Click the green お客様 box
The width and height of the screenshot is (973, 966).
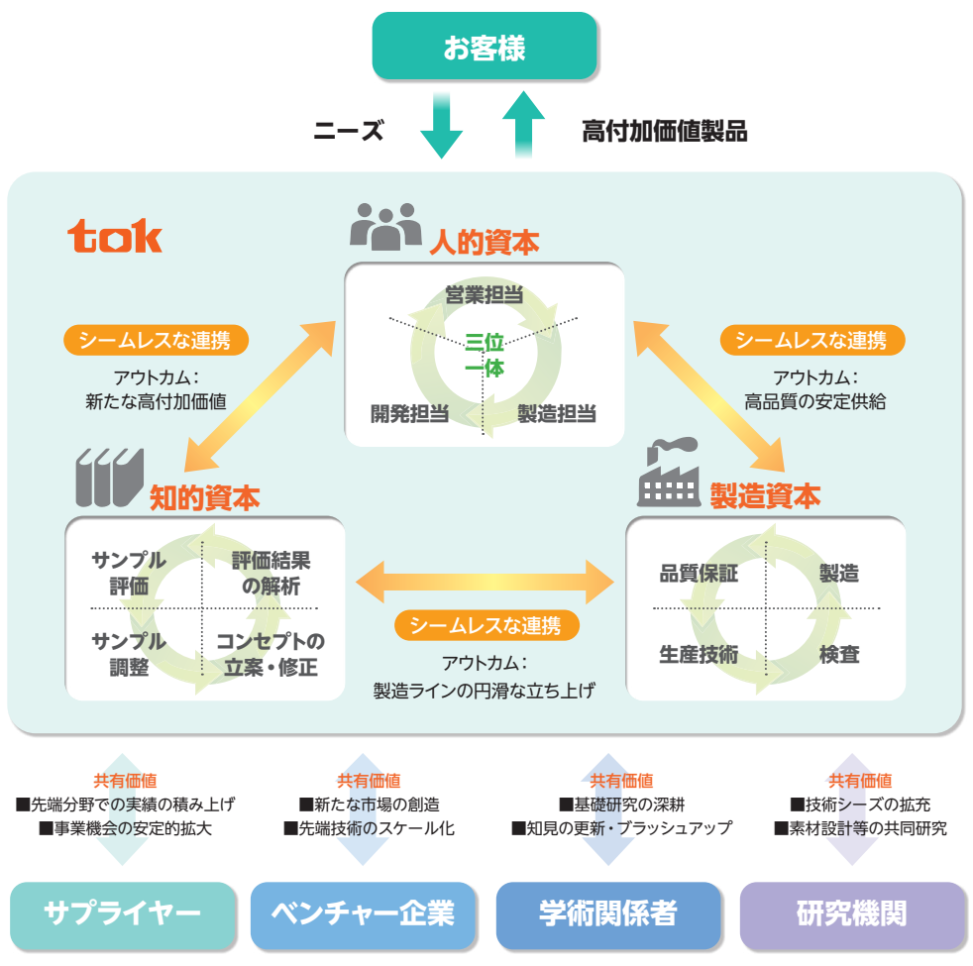tap(485, 47)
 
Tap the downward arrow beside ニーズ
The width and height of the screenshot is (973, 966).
tap(441, 126)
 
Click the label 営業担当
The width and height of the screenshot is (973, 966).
tap(485, 295)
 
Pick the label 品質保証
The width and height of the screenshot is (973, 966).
tap(699, 573)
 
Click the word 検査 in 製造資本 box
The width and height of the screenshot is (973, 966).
tap(838, 654)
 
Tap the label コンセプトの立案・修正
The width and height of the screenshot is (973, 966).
tap(270, 654)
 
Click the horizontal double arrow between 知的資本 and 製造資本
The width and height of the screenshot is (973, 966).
tap(486, 581)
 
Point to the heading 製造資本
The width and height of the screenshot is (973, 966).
tap(765, 496)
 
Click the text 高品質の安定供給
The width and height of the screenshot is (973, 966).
tap(815, 402)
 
